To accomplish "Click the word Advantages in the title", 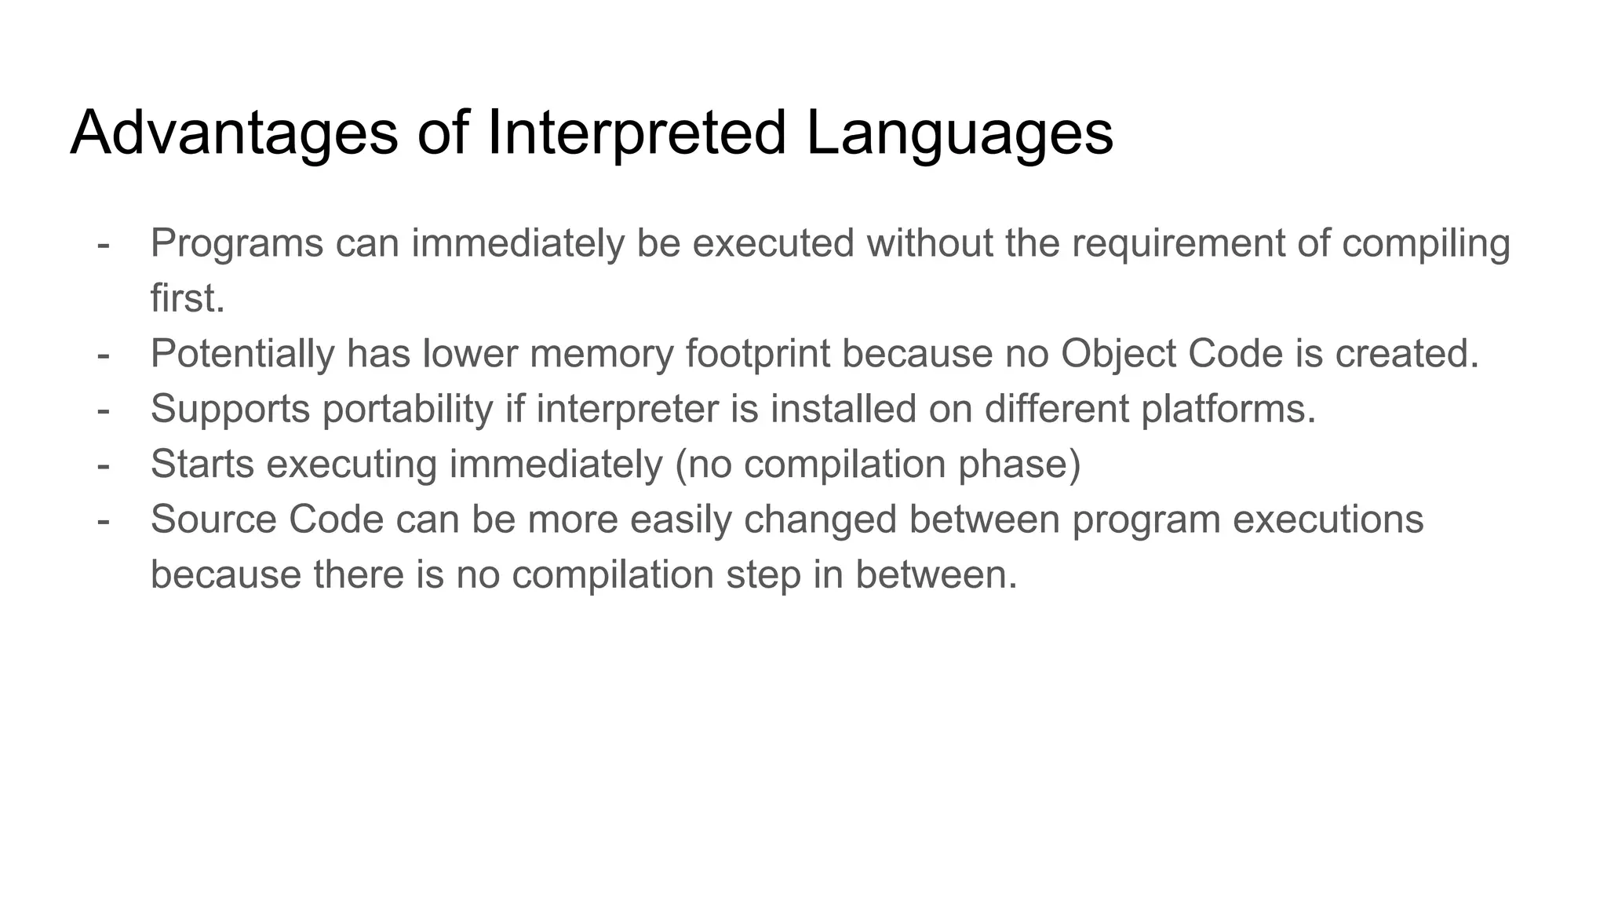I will (234, 133).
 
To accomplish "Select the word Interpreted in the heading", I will (636, 133).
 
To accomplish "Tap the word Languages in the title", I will (959, 133).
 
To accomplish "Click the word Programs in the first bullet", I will (237, 243).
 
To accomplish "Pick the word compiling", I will (1426, 245).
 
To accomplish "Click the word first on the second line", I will (187, 298).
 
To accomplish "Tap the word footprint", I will (757, 355).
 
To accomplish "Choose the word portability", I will (407, 410).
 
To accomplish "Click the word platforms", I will (1228, 410).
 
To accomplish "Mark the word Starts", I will (202, 464).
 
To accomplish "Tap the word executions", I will (1328, 519).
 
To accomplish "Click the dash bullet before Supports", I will (103, 410).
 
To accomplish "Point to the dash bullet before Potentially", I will (103, 355).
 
